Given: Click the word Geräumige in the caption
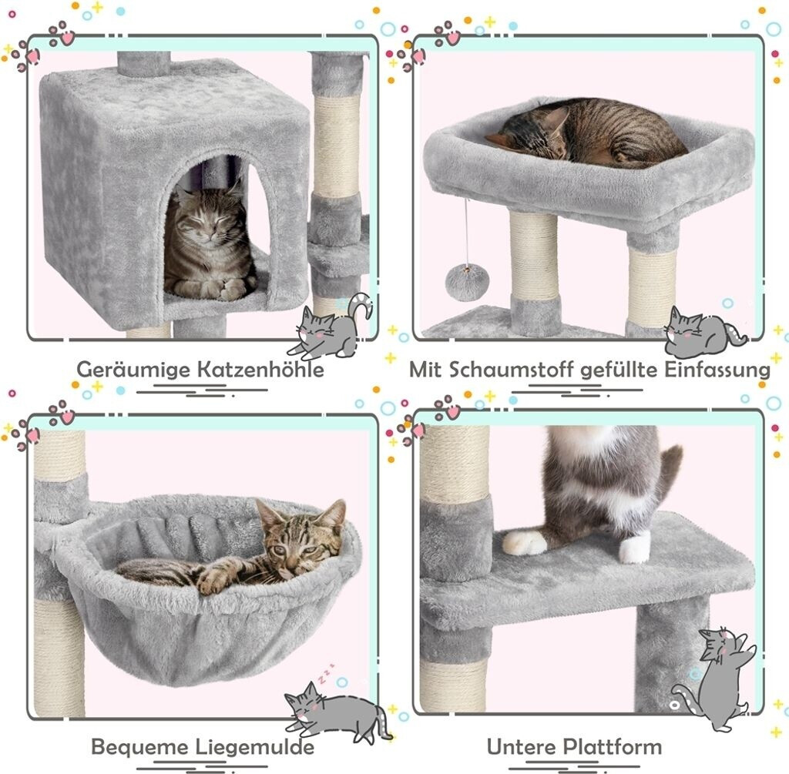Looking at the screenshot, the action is [x=133, y=370].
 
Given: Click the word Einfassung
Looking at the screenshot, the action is [x=717, y=370].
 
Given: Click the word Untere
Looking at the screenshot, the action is [x=522, y=746].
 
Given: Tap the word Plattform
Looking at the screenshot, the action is [x=612, y=746].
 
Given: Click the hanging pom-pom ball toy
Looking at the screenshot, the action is [x=467, y=283].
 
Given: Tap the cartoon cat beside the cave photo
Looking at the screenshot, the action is [x=330, y=326].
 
